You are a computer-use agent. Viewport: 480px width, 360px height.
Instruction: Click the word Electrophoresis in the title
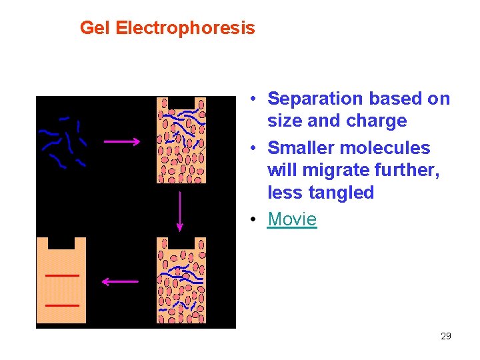[x=185, y=28]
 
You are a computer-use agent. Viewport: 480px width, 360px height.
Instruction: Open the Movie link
[x=292, y=219]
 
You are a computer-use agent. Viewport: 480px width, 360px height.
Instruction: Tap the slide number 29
[x=446, y=336]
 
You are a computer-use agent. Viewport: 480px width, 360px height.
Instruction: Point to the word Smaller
[x=303, y=148]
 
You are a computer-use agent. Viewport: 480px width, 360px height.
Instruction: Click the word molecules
[x=391, y=148]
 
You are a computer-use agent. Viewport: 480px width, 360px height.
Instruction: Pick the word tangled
[x=342, y=193]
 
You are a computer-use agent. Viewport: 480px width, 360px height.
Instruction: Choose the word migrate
[x=336, y=171]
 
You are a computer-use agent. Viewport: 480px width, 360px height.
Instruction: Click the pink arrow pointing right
[x=122, y=141]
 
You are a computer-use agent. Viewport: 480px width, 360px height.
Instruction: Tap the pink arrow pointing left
[x=120, y=282]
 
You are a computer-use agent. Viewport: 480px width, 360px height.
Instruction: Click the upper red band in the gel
[x=62, y=275]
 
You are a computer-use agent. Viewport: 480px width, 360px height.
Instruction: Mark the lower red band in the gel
[x=62, y=305]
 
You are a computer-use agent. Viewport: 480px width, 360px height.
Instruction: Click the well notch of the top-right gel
[x=181, y=103]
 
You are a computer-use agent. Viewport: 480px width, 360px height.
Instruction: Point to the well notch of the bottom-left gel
[x=61, y=243]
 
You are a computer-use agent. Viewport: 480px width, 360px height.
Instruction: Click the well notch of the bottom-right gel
[x=181, y=243]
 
